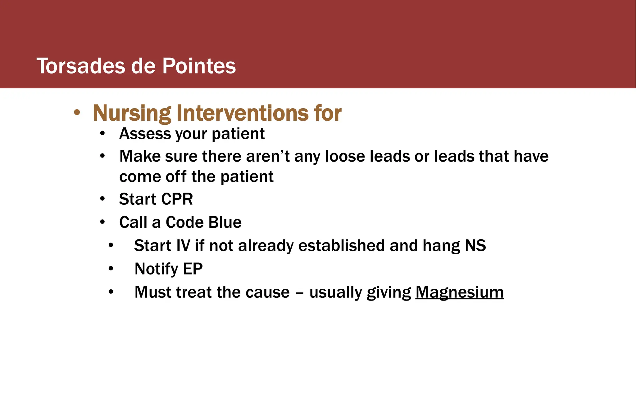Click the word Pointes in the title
tap(199, 66)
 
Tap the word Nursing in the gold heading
tap(132, 113)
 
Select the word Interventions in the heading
tap(243, 113)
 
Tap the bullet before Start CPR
tap(102, 198)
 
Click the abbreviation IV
tap(183, 246)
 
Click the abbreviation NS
tap(475, 246)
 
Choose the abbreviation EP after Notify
tap(193, 269)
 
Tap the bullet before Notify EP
tap(111, 269)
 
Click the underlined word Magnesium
tap(460, 292)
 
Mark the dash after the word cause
tap(299, 293)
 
